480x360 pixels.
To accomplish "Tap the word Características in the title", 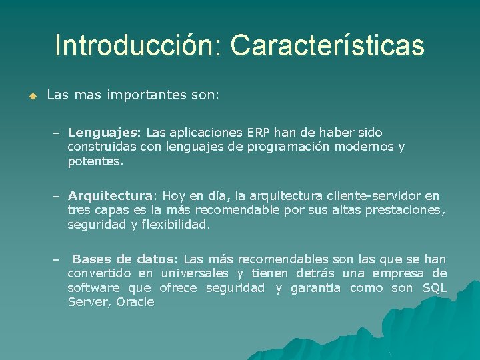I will (x=327, y=45).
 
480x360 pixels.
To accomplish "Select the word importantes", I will (x=143, y=95).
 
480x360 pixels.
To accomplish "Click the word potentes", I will (x=95, y=161).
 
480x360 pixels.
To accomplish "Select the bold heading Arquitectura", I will (x=110, y=196).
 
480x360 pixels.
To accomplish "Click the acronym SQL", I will (x=435, y=288).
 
